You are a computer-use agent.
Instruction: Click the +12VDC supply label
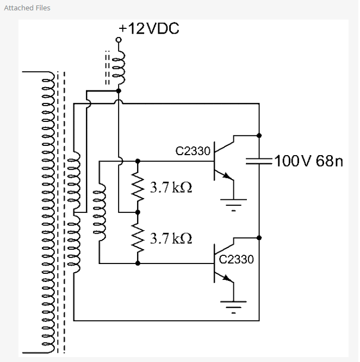[149, 29]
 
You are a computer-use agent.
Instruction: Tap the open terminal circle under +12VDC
[119, 40]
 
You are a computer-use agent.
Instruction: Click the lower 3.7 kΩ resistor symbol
[138, 237]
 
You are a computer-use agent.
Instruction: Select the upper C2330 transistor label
[193, 151]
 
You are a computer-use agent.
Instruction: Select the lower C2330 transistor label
[236, 259]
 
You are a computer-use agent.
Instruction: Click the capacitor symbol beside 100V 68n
[259, 160]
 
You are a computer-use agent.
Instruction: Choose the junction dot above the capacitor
[259, 134]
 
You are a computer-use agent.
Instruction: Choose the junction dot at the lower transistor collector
[259, 237]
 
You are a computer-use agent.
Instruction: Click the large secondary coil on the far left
[46, 212]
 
